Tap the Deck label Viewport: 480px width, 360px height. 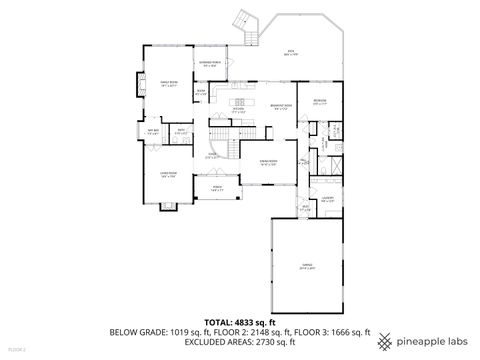pyautogui.click(x=290, y=53)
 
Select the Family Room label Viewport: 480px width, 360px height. pyautogui.click(x=168, y=84)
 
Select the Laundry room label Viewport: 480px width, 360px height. pyautogui.click(x=327, y=200)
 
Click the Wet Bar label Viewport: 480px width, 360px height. pyautogui.click(x=154, y=131)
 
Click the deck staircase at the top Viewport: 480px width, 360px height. pyautogui.click(x=243, y=22)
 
